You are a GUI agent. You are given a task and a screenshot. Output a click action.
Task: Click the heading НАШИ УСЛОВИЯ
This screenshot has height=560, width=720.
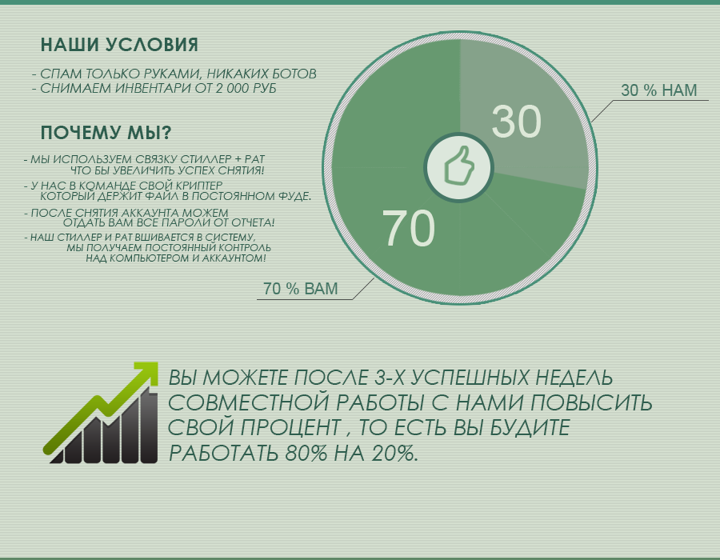point(119,45)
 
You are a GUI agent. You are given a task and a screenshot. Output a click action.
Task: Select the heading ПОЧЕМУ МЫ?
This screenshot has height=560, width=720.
point(106,133)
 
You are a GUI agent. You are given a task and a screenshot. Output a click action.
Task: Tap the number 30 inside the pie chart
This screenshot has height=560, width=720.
point(517,121)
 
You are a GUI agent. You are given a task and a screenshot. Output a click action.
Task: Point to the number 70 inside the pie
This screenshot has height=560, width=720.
point(408,229)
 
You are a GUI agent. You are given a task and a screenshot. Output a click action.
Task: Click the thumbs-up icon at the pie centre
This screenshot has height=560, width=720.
point(458,167)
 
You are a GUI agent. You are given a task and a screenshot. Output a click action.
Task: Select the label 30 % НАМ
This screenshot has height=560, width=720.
point(659,90)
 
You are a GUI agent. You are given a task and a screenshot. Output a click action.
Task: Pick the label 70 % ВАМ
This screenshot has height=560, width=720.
point(300,289)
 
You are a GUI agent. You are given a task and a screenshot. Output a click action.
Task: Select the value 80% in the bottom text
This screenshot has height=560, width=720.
point(306,454)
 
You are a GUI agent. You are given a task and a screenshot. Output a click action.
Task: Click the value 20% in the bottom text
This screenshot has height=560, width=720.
point(395,454)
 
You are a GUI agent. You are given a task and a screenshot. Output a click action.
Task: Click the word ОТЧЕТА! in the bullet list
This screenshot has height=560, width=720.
point(253,223)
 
